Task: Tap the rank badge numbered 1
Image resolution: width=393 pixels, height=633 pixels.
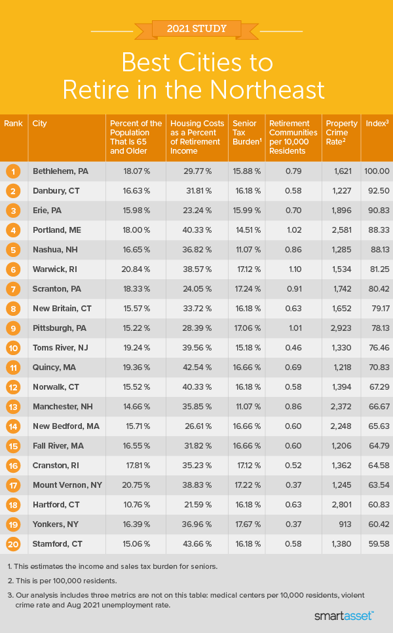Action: point(12,171)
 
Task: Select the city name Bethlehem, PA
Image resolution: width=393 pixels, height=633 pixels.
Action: point(60,171)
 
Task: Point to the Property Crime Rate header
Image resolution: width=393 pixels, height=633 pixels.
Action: point(341,128)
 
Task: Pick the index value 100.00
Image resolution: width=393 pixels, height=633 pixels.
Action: point(377,171)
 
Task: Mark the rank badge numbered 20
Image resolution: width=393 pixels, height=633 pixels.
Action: point(12,544)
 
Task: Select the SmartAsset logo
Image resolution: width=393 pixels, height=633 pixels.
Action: point(345,615)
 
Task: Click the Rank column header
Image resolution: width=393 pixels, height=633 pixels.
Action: point(12,124)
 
